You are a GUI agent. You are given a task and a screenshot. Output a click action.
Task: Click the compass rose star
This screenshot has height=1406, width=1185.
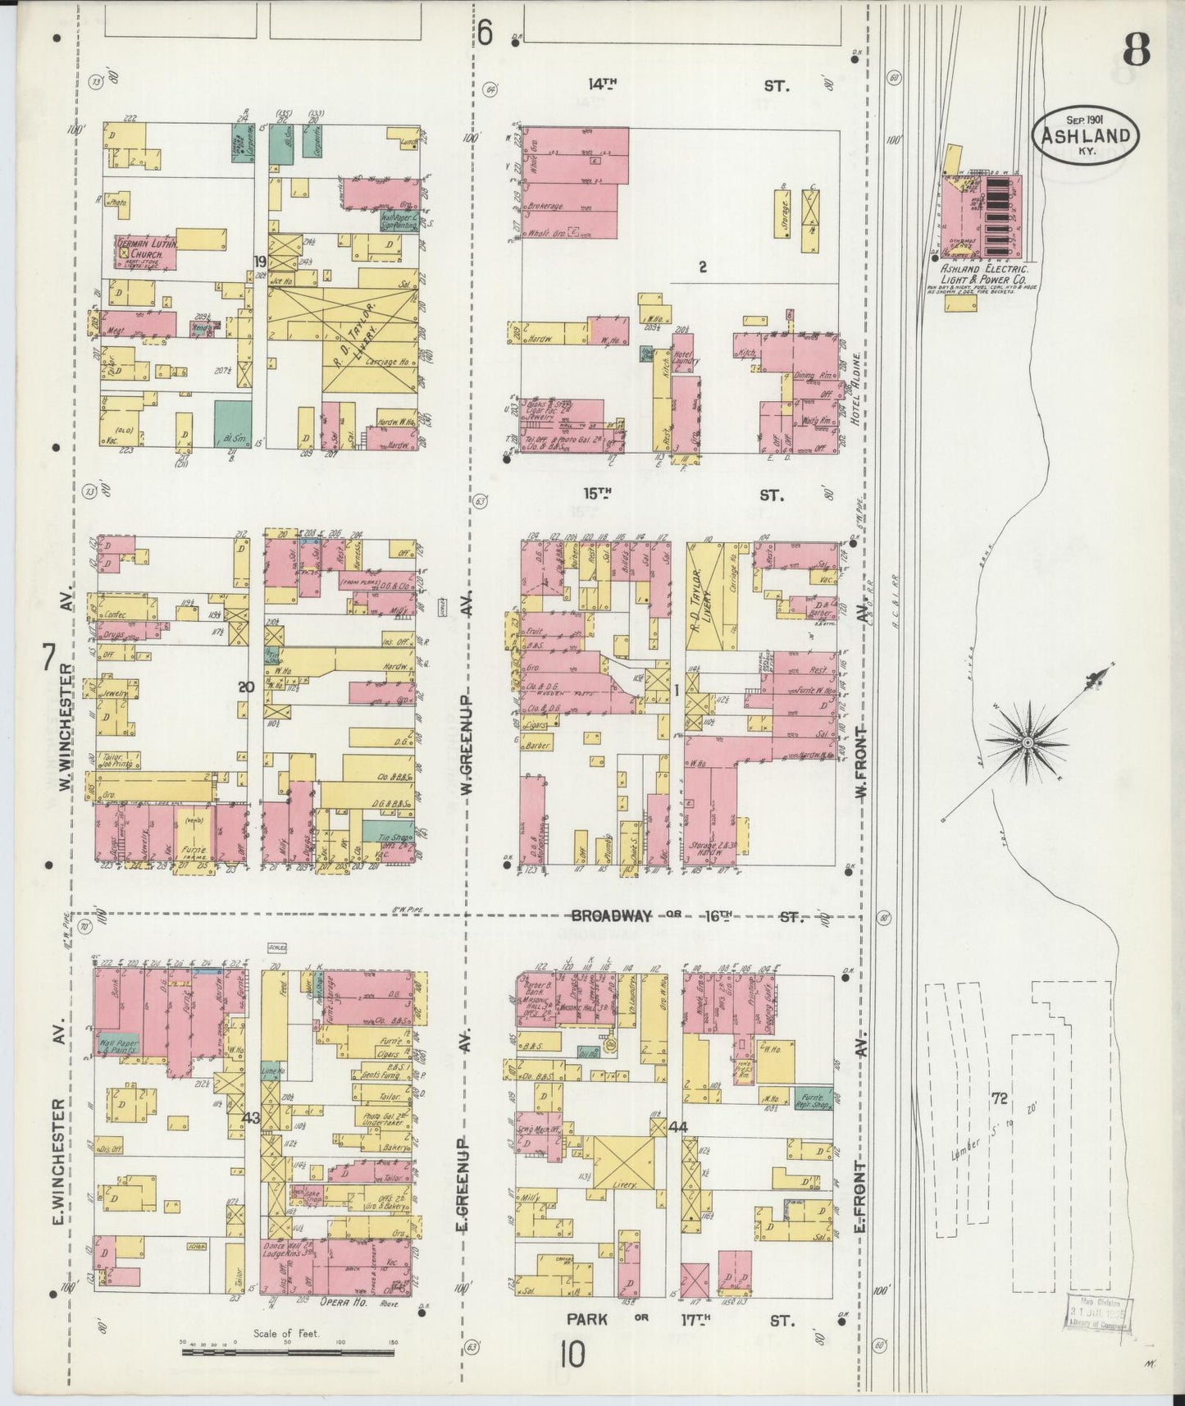(1026, 742)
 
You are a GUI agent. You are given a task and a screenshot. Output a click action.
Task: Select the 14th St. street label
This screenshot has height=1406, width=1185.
(689, 84)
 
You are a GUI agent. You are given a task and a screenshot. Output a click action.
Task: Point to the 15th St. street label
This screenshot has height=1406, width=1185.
(689, 495)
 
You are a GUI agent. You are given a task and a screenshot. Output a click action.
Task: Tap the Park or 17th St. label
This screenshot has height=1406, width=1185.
(681, 1320)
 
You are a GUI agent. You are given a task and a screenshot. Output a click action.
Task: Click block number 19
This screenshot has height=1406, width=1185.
(259, 261)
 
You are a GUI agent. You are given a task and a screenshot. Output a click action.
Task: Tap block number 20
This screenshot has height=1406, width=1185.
(246, 687)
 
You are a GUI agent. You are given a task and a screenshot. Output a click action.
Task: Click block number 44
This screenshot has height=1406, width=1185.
(677, 1126)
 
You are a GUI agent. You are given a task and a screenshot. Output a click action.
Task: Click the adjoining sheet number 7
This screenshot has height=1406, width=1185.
(49, 656)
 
